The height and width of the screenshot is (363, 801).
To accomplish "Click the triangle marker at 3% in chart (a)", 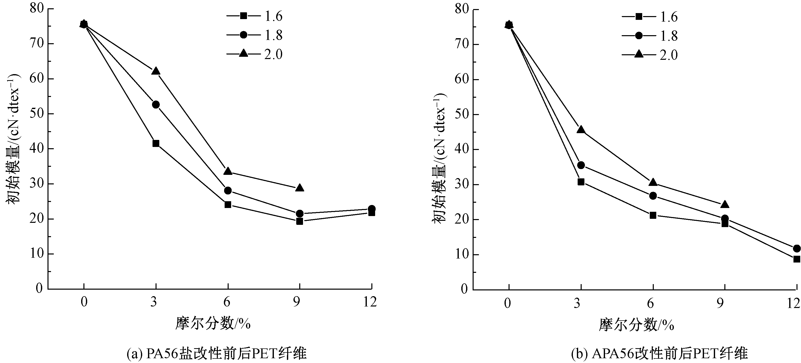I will click(156, 71).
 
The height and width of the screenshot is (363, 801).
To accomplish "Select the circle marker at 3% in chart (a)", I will click(156, 105).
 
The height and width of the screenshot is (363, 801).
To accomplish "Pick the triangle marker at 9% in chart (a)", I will click(299, 188).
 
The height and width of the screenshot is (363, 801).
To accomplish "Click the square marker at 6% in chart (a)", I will click(228, 204).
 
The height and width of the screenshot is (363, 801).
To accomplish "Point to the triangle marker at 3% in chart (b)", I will click(581, 130).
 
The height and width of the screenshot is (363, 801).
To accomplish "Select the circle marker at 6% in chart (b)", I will click(653, 196).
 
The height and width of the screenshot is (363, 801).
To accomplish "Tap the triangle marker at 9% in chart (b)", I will click(725, 204).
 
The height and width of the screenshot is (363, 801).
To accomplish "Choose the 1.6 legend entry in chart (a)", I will click(255, 16).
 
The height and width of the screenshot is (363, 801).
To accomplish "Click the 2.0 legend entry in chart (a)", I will click(255, 54).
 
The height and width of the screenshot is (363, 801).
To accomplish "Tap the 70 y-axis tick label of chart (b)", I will click(462, 44).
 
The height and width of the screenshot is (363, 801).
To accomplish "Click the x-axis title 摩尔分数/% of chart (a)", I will click(213, 324).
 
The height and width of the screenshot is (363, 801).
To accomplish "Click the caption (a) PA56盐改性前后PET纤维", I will click(217, 354).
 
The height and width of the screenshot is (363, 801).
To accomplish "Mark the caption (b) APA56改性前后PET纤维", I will click(659, 354).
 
